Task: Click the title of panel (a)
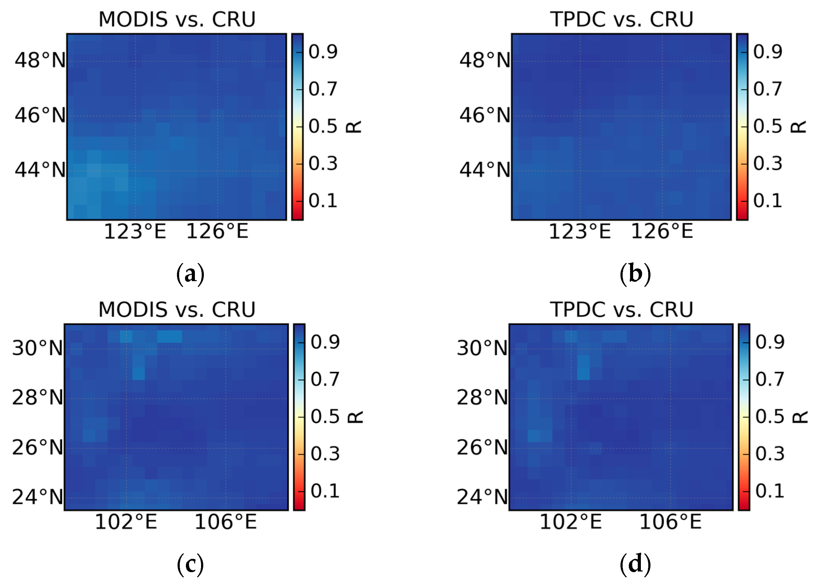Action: [177, 19]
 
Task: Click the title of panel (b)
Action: [621, 19]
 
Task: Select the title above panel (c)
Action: [177, 310]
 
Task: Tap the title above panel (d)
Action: [621, 310]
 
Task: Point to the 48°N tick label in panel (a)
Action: [40, 60]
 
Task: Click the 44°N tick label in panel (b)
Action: [485, 170]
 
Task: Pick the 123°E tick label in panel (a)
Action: [135, 232]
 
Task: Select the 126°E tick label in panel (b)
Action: [662, 232]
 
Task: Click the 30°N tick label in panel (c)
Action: [38, 349]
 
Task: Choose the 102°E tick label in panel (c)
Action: [126, 522]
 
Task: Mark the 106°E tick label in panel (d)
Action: [671, 522]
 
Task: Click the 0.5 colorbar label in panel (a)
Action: [323, 126]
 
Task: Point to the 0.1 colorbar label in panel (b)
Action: [767, 201]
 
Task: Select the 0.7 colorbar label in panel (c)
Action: [325, 379]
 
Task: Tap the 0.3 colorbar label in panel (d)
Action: [770, 454]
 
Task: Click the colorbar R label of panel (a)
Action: [354, 127]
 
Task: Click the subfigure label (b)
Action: [635, 274]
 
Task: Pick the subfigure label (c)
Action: [190, 564]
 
